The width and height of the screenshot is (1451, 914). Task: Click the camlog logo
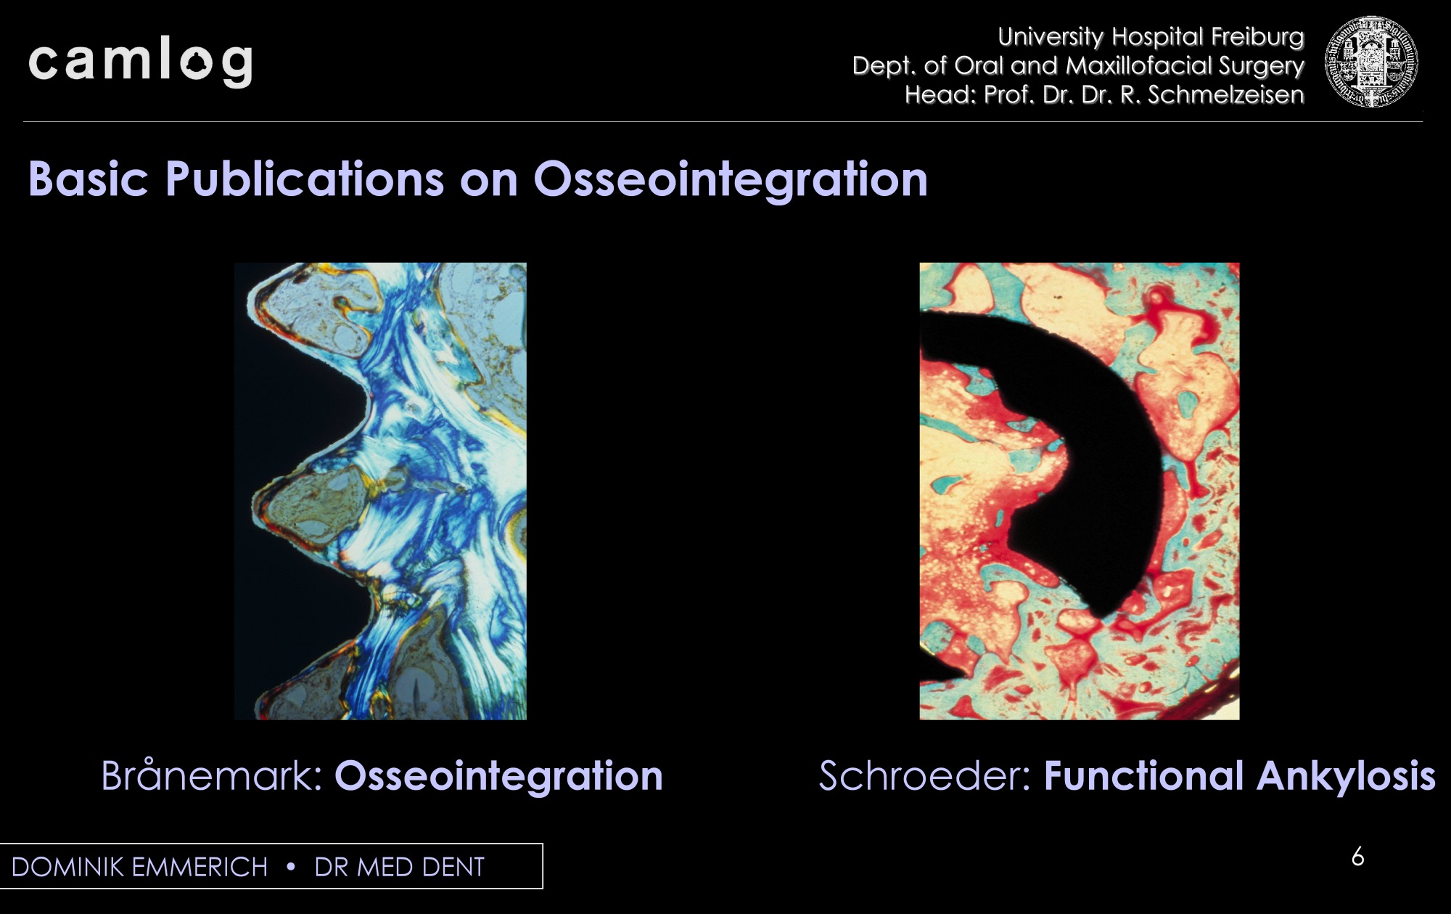click(141, 64)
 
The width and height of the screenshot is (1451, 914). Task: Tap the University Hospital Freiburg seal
click(1370, 62)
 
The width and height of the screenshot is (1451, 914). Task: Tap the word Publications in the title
click(304, 179)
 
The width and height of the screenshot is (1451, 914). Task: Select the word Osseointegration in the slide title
click(731, 180)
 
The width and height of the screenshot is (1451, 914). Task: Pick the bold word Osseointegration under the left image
click(498, 776)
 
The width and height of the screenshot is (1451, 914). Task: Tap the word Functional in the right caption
click(1143, 775)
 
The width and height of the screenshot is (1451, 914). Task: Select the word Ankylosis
click(1347, 777)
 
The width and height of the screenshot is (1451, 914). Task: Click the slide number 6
click(1358, 857)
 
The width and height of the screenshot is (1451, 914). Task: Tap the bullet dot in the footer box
click(291, 868)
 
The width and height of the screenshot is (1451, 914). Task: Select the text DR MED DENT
click(399, 868)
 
